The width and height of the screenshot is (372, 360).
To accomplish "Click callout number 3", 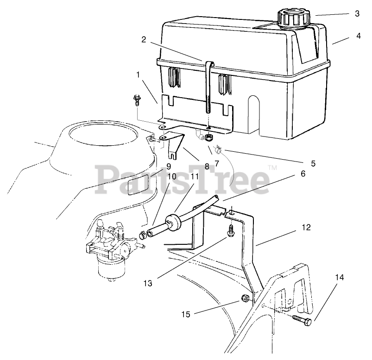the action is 357,13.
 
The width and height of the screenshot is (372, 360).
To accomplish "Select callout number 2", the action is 144,40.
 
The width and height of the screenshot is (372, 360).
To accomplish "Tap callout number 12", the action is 306,227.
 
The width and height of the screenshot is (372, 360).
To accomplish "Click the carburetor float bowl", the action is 109,268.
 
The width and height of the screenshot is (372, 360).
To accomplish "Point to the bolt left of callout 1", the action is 137,99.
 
